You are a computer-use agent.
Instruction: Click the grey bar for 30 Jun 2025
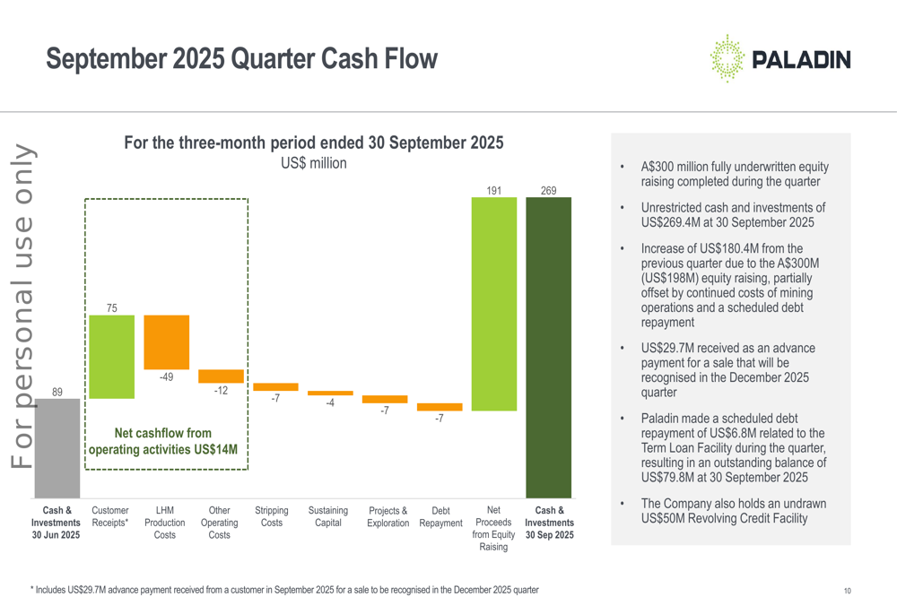coord(57,448)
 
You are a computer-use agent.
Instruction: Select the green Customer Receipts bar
coord(111,357)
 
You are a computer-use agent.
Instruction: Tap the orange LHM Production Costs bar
coord(166,342)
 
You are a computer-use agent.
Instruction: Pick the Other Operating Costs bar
coord(221,376)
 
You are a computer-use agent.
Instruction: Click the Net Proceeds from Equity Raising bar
coord(493,304)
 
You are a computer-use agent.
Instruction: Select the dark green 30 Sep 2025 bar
coord(548,348)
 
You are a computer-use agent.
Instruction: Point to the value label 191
coord(493,190)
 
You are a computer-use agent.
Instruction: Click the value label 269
coord(548,190)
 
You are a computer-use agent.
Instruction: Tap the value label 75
coord(111,307)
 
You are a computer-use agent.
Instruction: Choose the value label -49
coord(166,377)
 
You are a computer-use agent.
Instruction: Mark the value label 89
coord(57,392)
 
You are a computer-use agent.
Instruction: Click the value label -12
coord(221,391)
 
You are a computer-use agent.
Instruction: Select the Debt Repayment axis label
coord(440,517)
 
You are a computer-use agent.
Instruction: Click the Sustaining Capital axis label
coord(328,516)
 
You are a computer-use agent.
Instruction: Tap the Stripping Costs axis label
coord(272,516)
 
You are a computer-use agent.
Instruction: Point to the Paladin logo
coord(779,59)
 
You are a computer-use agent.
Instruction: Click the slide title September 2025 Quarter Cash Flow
coord(241,59)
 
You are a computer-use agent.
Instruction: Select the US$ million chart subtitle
coord(313,163)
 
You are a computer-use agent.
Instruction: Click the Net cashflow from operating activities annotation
coord(162,441)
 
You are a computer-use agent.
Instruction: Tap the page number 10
coord(847,591)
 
